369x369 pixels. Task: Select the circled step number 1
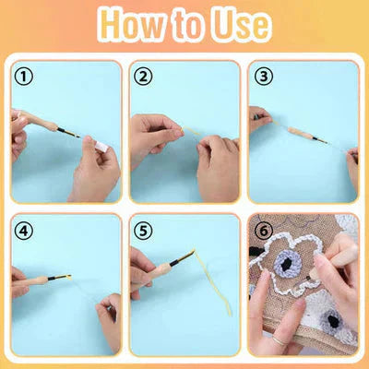[x=25, y=77]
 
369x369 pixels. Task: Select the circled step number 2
[x=143, y=77]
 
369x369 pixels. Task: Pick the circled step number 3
[x=262, y=77]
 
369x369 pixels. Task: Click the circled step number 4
[x=25, y=230]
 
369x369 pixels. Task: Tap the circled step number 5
[x=143, y=230]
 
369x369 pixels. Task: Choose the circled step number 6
[x=262, y=230]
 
